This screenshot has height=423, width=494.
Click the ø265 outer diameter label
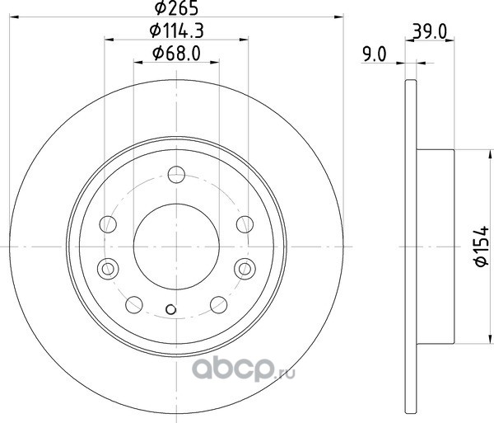[176, 7]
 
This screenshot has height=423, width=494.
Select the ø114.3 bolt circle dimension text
[177, 31]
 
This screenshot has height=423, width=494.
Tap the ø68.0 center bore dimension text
[176, 54]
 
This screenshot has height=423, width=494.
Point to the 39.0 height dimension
[430, 32]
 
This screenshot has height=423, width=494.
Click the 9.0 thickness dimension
[375, 54]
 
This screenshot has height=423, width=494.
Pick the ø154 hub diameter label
[482, 246]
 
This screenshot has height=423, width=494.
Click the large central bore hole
[176, 247]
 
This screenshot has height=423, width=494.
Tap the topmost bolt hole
[176, 175]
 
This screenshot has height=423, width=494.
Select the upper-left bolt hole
[108, 224]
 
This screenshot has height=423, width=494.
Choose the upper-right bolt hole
[245, 224]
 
